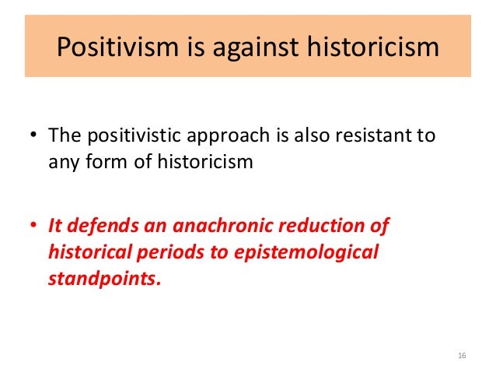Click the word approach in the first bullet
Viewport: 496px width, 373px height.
click(x=241, y=138)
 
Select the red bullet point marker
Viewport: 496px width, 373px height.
click(x=34, y=227)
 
